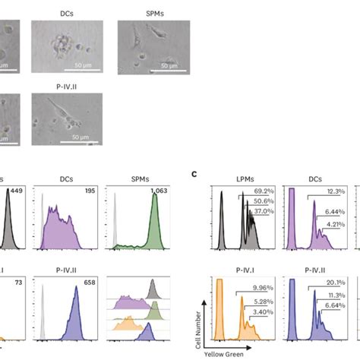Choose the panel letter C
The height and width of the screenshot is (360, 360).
[194, 173]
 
